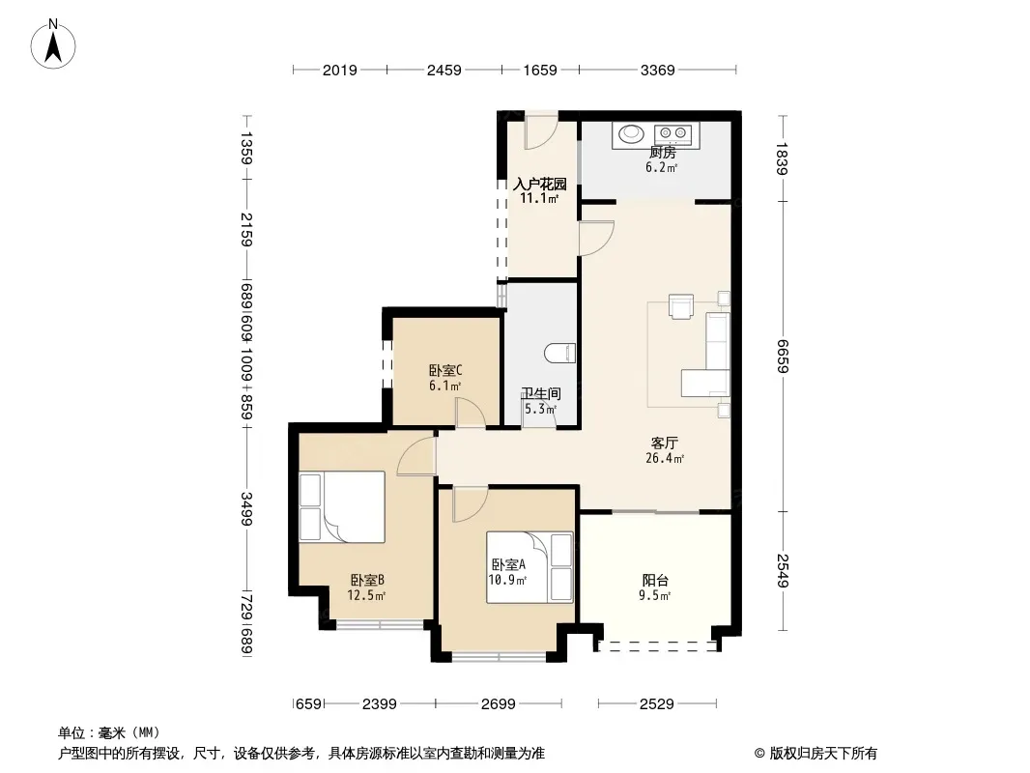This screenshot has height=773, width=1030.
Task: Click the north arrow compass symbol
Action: (53, 44)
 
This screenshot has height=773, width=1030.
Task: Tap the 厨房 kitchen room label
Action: (662, 153)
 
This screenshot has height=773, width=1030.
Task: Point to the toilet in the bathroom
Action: (559, 353)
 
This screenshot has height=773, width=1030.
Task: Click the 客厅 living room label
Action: (664, 444)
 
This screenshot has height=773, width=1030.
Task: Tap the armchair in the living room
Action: (680, 306)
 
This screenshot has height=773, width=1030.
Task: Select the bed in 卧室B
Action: (342, 506)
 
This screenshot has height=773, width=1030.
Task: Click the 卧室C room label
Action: (445, 370)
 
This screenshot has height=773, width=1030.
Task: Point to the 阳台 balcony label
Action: (655, 581)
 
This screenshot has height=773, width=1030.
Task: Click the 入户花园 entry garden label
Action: (539, 184)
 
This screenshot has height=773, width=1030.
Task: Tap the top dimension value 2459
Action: (444, 71)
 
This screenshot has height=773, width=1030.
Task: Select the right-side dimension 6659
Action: (782, 356)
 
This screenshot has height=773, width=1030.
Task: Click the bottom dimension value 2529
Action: (656, 704)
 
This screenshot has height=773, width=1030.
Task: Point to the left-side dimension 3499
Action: (246, 508)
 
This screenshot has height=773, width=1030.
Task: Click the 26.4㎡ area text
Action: (665, 458)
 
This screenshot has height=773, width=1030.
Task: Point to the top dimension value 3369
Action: (658, 71)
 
